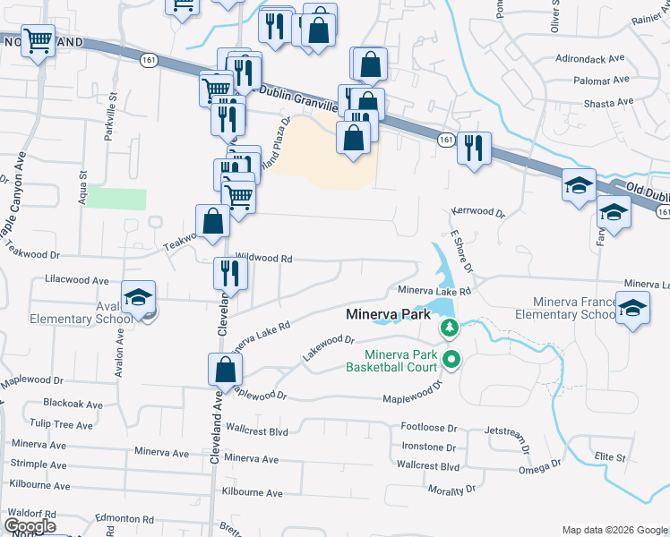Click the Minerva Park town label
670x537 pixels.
(x=382, y=315)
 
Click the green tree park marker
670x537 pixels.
(x=450, y=329)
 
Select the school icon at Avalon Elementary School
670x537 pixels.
(x=139, y=298)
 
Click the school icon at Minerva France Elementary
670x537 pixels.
(x=633, y=308)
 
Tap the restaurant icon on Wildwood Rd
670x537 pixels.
(x=230, y=273)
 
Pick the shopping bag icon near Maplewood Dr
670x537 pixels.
(x=225, y=369)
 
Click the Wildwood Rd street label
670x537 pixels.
(x=264, y=259)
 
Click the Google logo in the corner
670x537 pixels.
(x=29, y=526)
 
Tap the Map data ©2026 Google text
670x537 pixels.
(x=614, y=530)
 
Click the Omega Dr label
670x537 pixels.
(x=539, y=467)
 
